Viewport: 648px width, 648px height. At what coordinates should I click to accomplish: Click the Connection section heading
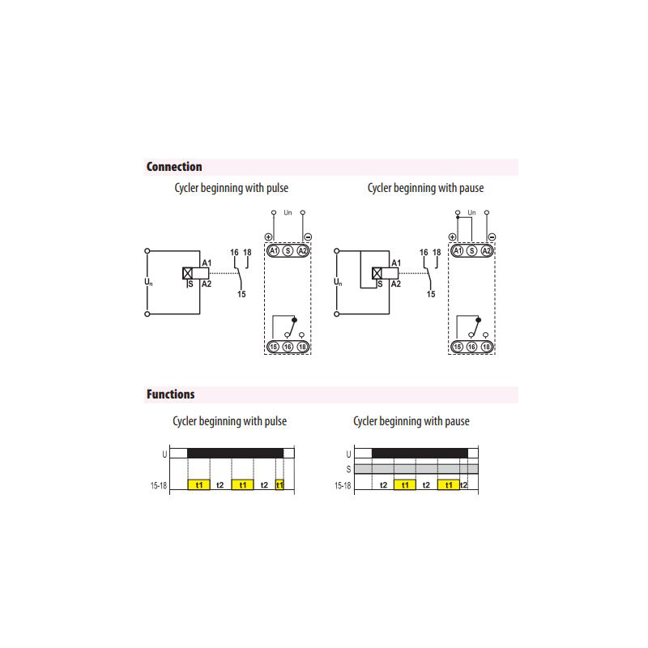point(174,167)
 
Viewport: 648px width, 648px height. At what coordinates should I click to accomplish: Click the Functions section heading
point(170,394)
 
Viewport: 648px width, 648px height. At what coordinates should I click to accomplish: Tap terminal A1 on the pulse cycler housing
point(274,251)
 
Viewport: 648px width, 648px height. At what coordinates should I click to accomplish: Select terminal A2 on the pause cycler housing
point(487,251)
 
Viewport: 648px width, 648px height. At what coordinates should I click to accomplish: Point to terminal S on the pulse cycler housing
point(288,251)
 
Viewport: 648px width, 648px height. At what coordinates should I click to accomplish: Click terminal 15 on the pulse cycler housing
point(274,347)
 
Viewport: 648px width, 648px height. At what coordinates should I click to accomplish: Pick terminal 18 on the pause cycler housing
point(487,347)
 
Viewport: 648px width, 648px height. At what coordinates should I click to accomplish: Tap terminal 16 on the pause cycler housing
point(472,347)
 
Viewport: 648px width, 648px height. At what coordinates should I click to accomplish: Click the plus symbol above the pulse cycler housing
point(269,237)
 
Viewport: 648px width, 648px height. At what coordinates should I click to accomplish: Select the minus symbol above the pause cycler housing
point(492,237)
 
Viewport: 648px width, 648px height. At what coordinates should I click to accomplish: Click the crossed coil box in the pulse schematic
point(188,273)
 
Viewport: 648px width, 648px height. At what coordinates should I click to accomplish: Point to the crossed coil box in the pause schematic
point(377,273)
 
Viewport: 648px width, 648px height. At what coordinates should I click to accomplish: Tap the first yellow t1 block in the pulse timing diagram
point(198,484)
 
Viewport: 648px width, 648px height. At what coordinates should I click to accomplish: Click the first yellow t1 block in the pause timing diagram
point(405,484)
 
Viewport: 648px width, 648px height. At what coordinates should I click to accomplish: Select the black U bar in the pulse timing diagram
point(235,453)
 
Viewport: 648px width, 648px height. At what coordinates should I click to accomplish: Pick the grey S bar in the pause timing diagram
point(416,469)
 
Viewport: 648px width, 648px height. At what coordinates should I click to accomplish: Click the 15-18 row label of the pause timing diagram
point(343,485)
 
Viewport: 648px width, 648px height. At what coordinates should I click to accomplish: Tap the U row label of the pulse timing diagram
point(164,454)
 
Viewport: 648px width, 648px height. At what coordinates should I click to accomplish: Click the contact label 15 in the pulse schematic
point(241,294)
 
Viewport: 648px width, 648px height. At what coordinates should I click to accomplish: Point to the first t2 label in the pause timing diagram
point(383,485)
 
